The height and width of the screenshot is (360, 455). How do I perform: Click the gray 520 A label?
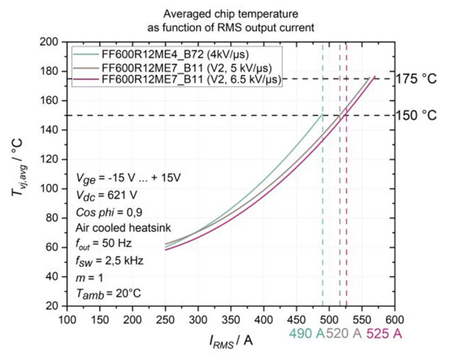[x=346, y=335]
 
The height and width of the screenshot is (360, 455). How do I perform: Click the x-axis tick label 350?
[x=231, y=319]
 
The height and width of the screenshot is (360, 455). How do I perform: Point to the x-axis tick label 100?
[x=67, y=319]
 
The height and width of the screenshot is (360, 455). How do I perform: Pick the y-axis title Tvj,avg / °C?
[x=20, y=174]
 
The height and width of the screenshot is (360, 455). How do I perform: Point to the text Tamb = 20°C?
[x=109, y=294]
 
